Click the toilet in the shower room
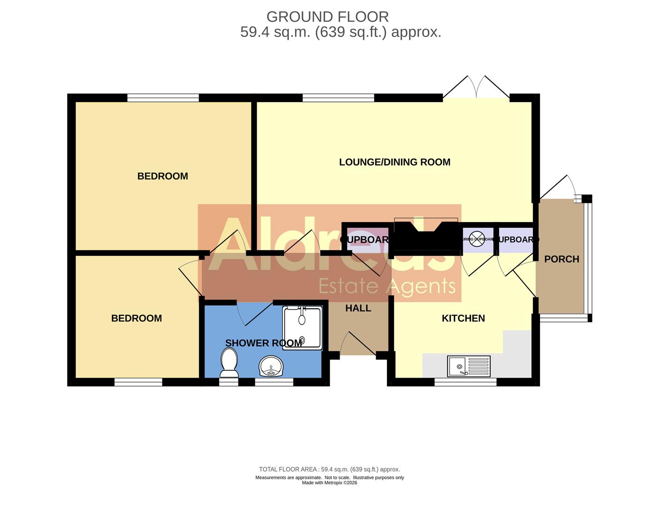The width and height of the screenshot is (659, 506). [229, 364]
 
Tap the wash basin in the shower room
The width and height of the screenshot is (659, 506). [271, 366]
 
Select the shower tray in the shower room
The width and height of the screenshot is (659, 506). [302, 328]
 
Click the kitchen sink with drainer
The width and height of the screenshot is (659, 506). [469, 366]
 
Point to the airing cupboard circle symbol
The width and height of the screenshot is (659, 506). [477, 239]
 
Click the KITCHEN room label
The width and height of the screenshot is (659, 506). [463, 318]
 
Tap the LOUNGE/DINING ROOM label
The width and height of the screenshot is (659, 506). [394, 162]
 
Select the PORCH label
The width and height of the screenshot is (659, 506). [561, 259]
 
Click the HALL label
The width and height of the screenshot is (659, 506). [358, 308]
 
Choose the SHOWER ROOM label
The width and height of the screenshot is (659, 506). [263, 343]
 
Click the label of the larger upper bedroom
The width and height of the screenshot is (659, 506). [163, 176]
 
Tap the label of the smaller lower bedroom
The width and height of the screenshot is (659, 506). [136, 318]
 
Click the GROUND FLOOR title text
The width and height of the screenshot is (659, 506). [327, 17]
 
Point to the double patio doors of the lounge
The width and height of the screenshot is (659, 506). [476, 89]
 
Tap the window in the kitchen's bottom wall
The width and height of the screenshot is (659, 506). [465, 382]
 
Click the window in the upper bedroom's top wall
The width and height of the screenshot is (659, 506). [163, 98]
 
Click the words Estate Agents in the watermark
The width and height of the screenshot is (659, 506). [386, 285]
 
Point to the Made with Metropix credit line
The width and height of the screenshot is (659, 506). [329, 483]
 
